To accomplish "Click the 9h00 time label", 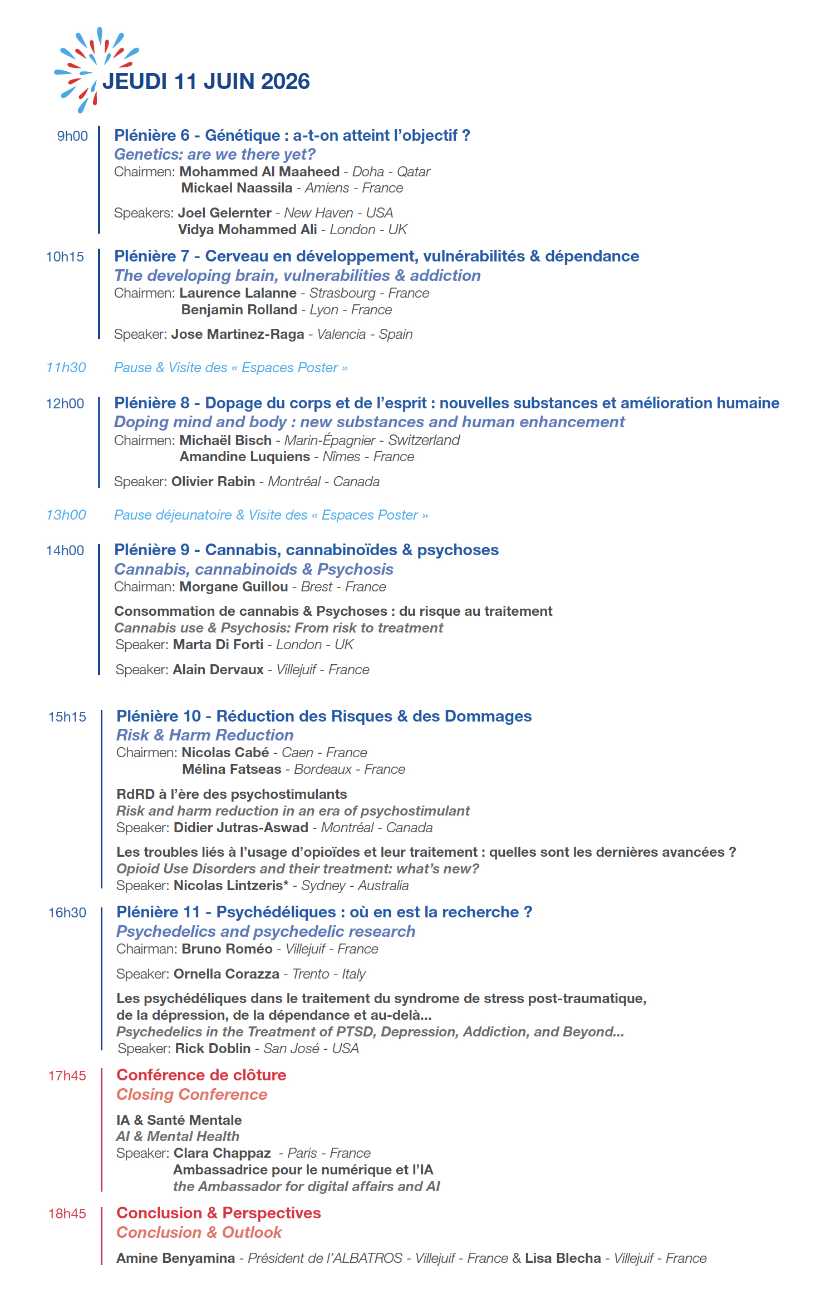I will (x=72, y=136).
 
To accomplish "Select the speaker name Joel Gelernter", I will (x=224, y=213).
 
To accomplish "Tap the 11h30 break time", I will (x=66, y=368).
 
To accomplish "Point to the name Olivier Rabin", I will (x=213, y=482).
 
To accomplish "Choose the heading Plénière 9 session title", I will (x=306, y=550).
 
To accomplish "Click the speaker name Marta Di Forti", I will (x=218, y=645).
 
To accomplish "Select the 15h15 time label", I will (x=67, y=717).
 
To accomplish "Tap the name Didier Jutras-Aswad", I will (x=240, y=828).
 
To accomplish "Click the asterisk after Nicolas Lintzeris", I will (x=286, y=883).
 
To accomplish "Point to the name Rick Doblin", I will (x=213, y=1049).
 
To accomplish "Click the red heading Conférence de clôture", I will (x=201, y=1075).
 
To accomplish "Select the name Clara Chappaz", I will (x=222, y=1153).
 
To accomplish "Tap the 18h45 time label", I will (x=67, y=1214).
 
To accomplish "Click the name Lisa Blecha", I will (x=563, y=1258).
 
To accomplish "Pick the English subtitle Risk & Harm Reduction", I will (x=204, y=735).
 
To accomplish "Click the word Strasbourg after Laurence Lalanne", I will (x=342, y=293).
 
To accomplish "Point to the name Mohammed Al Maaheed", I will (x=259, y=172).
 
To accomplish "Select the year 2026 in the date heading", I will (x=285, y=82).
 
